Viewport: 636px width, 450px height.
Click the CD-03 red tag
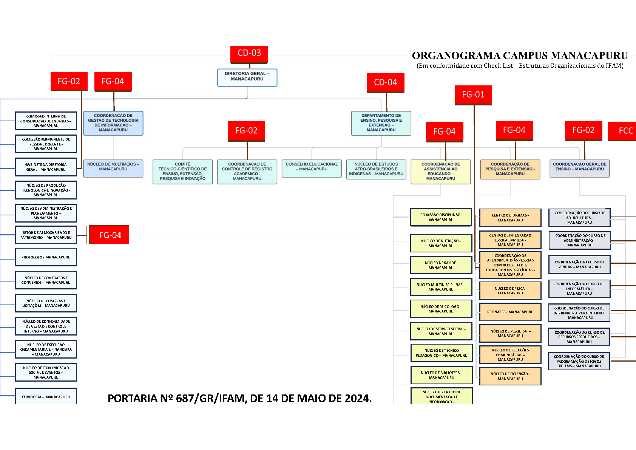(249, 54)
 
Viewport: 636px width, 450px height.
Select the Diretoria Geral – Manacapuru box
(247, 77)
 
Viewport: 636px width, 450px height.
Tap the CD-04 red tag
(386, 83)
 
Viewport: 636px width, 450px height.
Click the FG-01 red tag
(473, 95)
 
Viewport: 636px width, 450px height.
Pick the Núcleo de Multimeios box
(113, 169)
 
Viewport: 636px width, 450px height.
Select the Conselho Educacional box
(312, 169)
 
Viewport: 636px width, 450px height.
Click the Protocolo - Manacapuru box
(46, 257)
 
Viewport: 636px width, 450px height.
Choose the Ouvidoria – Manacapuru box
(46, 396)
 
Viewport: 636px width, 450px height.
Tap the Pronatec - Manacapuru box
(510, 312)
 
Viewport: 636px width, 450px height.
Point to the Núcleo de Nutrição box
(441, 243)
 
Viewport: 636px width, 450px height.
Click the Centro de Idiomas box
(510, 218)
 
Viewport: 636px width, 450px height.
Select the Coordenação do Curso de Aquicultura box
(579, 218)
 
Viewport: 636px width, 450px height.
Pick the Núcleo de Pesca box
(510, 291)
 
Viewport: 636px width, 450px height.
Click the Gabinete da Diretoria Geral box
(46, 167)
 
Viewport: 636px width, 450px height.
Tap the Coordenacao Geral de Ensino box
(579, 169)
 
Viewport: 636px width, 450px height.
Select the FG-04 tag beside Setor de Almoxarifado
(109, 235)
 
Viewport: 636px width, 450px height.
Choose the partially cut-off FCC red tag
(622, 131)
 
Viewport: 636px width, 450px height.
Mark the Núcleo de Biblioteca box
(441, 375)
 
